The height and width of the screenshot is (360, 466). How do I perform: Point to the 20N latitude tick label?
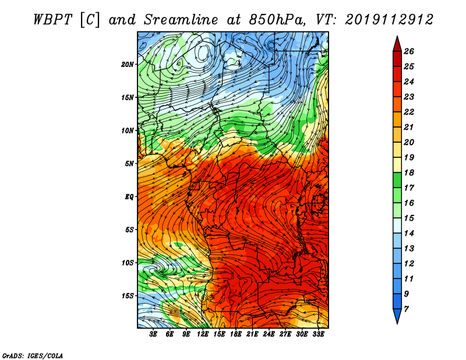point(128,64)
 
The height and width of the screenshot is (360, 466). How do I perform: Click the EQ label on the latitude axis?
point(129,196)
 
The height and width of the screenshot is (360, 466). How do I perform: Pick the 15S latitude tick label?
point(128,295)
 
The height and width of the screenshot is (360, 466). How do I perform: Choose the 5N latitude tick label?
point(129,163)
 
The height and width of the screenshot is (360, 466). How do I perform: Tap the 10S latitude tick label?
point(128,263)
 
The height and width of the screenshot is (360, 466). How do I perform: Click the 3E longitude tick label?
point(154,334)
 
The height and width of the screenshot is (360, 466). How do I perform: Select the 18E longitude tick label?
point(236,334)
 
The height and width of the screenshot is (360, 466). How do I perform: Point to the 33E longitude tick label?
point(319,334)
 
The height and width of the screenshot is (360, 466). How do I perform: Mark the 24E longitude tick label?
point(269,334)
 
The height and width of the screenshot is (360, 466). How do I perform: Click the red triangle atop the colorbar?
point(396,43)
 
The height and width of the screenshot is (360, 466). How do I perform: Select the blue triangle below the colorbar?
point(396,316)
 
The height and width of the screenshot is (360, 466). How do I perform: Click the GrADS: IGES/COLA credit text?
point(32,355)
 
